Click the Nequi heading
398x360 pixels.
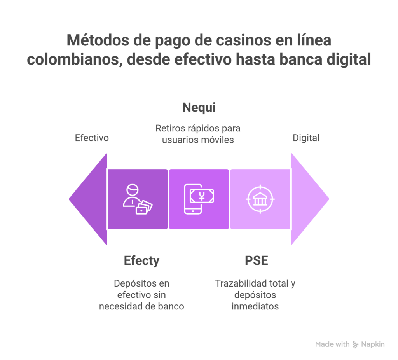(x=199, y=108)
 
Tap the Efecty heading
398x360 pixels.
(x=141, y=260)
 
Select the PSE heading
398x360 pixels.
(x=256, y=260)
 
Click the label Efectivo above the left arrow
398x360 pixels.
(x=91, y=138)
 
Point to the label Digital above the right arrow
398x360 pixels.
(x=306, y=138)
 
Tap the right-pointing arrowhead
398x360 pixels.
(x=309, y=199)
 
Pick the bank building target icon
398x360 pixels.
(x=260, y=199)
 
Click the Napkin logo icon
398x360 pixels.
(x=356, y=344)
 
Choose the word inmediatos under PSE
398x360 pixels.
(x=255, y=306)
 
